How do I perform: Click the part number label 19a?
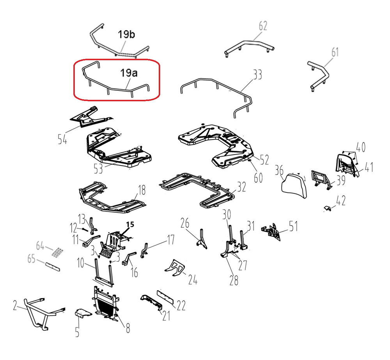coord(129,73)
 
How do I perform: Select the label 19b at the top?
coord(126,34)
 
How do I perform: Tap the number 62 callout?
coord(263,26)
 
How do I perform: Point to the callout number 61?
coord(335,52)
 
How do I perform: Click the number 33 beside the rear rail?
coord(257,74)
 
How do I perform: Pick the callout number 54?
coord(62,139)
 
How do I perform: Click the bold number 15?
coord(130,224)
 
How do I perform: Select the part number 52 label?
coord(264,160)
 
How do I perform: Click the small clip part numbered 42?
coord(328,208)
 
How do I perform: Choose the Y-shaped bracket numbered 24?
coord(175,268)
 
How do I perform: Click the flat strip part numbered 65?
coord(53,266)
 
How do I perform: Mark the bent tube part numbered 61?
coord(318,76)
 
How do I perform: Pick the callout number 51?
coord(294,226)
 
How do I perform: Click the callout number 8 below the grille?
coord(128,328)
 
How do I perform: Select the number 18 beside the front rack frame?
coord(142,191)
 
